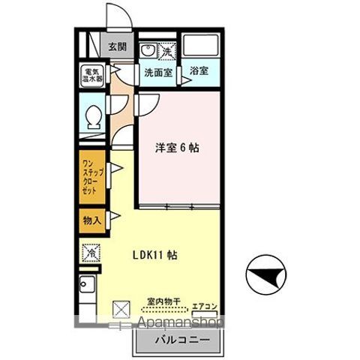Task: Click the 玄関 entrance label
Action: pyautogui.click(x=117, y=47)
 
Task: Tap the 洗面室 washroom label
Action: pyautogui.click(x=158, y=72)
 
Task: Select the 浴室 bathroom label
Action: pyautogui.click(x=199, y=71)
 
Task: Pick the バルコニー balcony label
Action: pyautogui.click(x=178, y=339)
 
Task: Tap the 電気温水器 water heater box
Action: pyautogui.click(x=93, y=76)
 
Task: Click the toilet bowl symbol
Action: pyautogui.click(x=93, y=117)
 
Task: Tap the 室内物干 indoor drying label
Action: pyautogui.click(x=163, y=302)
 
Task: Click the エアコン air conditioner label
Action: pyautogui.click(x=203, y=305)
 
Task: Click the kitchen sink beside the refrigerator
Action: pyautogui.click(x=88, y=286)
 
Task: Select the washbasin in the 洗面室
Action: pyautogui.click(x=148, y=52)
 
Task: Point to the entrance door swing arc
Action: pyautogui.click(x=117, y=16)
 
